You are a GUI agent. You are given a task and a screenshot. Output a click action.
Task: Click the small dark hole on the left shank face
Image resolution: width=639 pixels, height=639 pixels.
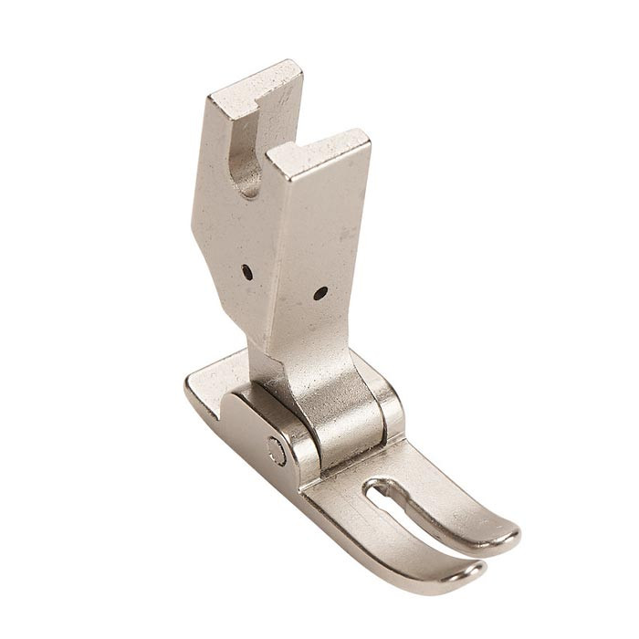coord(247,270)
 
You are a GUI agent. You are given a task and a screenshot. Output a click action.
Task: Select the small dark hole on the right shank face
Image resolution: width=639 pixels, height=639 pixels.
coord(319,293)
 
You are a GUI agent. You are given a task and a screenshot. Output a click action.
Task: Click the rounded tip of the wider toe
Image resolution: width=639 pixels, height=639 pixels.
coord(500,535)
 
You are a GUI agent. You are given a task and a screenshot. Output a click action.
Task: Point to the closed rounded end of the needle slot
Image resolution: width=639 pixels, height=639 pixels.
coord(374,493)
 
